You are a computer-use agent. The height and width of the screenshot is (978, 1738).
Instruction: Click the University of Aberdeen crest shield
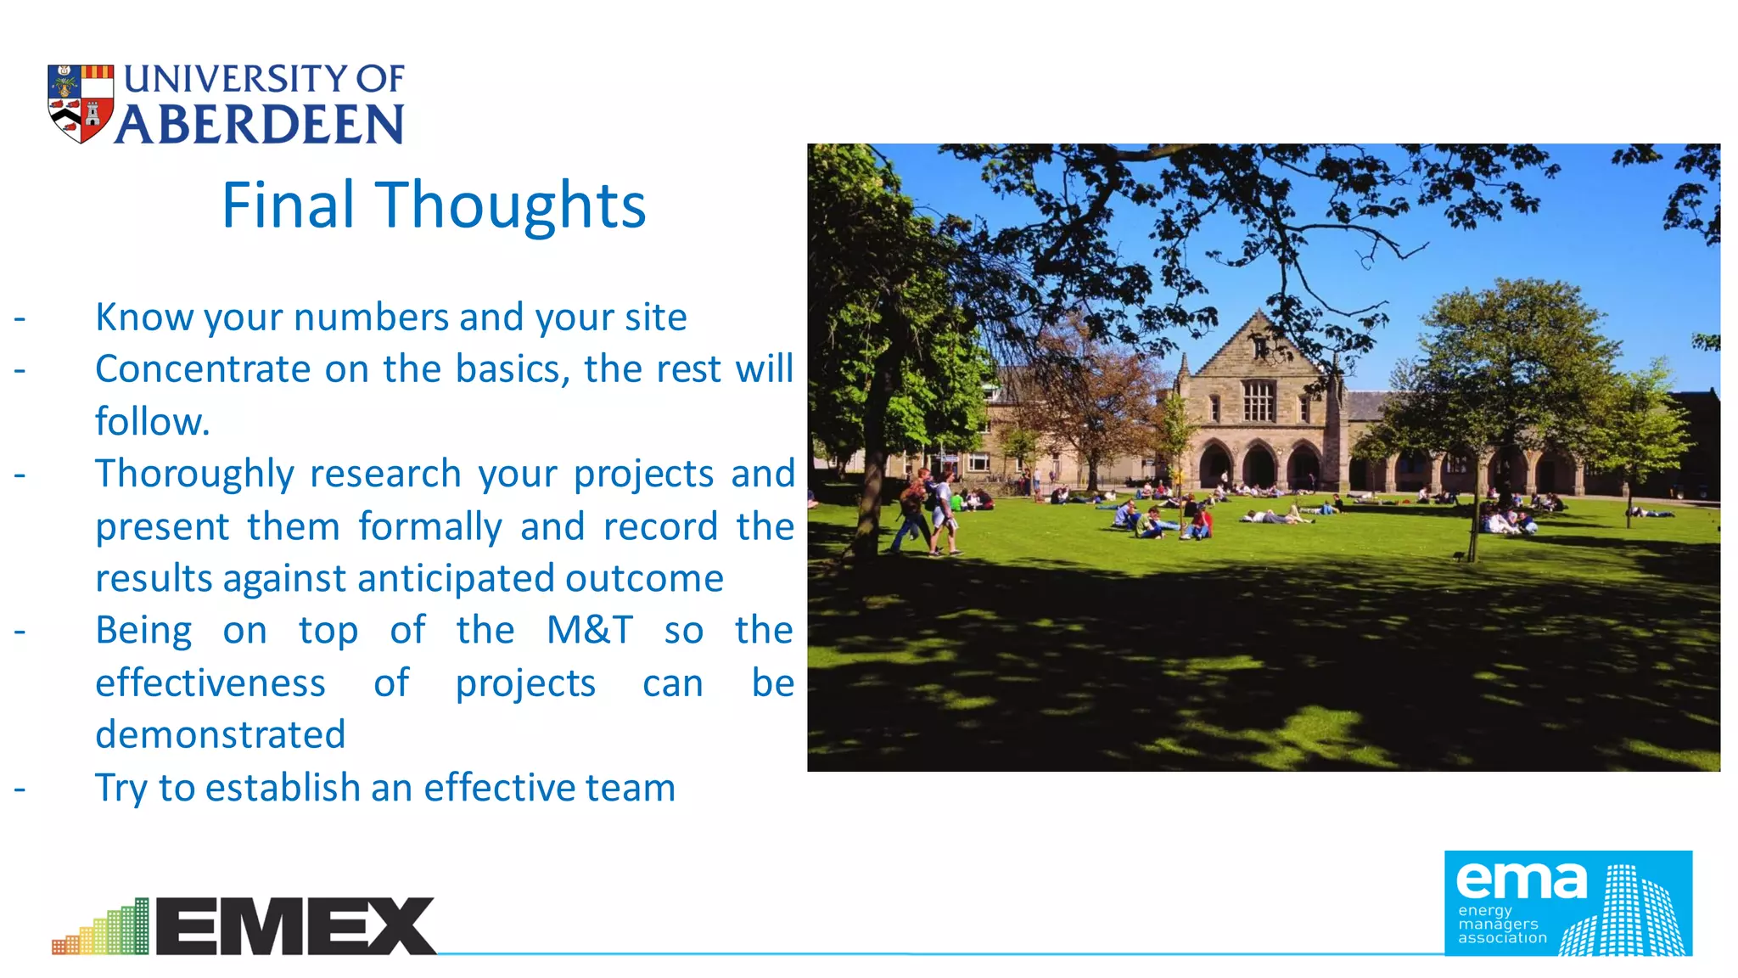(81, 103)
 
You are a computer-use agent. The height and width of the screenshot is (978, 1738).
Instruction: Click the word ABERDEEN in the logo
(260, 125)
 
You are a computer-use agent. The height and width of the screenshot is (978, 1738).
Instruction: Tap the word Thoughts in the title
(511, 205)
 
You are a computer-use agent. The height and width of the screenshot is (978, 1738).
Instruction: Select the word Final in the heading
(288, 205)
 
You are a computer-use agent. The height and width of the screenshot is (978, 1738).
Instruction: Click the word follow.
(152, 421)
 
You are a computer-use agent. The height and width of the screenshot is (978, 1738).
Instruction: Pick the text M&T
(590, 631)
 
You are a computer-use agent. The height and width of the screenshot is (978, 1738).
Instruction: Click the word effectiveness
(210, 683)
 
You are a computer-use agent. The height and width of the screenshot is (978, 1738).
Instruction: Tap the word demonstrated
(221, 735)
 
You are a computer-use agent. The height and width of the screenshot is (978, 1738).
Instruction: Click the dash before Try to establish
(20, 789)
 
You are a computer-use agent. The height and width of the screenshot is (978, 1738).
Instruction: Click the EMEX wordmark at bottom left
(295, 926)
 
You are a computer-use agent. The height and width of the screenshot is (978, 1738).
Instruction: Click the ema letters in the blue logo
(1521, 880)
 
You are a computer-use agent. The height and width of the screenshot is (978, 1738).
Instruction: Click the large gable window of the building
(1259, 400)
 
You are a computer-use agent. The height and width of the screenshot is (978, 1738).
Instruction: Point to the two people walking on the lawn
(928, 514)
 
